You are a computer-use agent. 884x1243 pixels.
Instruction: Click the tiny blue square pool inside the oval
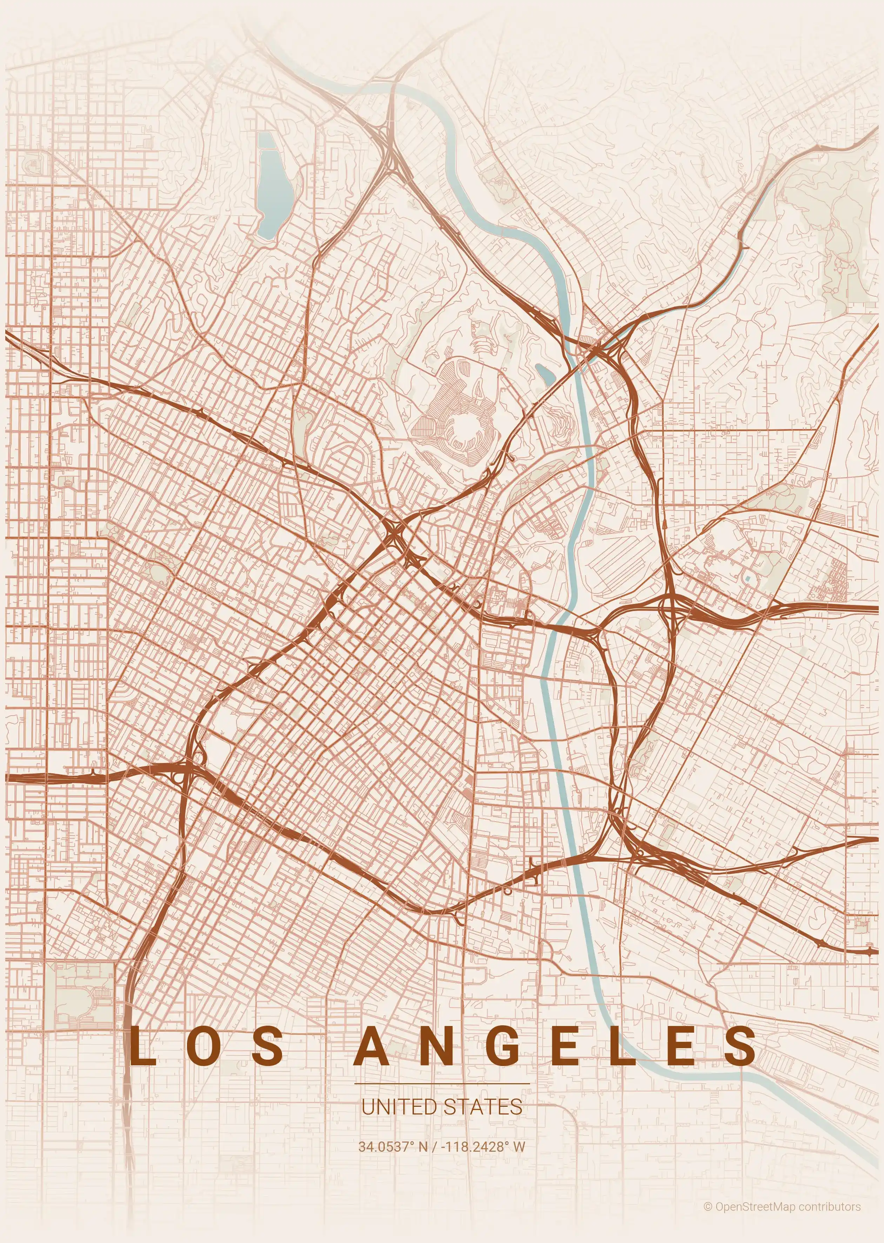pyautogui.click(x=748, y=577)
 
